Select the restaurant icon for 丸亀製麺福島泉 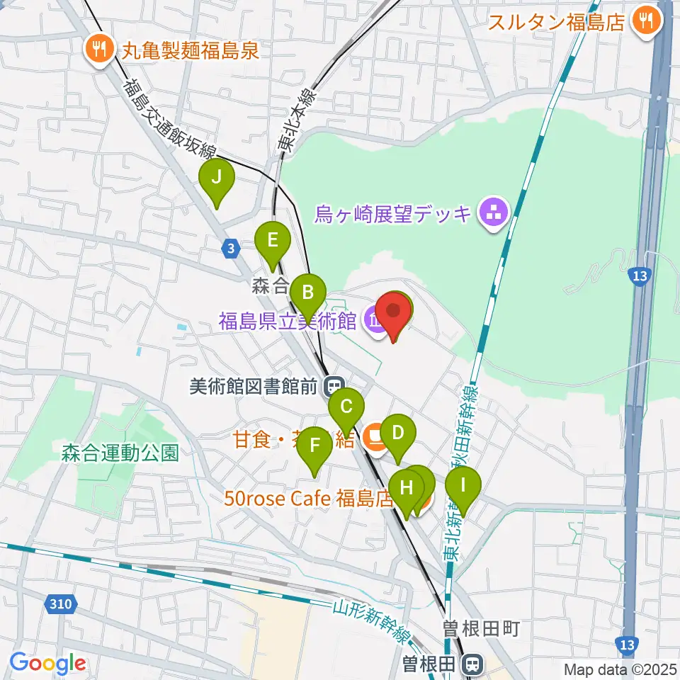[x=97, y=49]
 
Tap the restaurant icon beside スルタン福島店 [x=646, y=21]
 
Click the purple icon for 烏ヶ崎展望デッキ [x=490, y=212]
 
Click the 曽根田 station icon [x=470, y=665]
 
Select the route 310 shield [x=62, y=604]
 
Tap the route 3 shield [x=230, y=248]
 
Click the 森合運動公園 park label [x=120, y=453]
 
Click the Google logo [x=48, y=664]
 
